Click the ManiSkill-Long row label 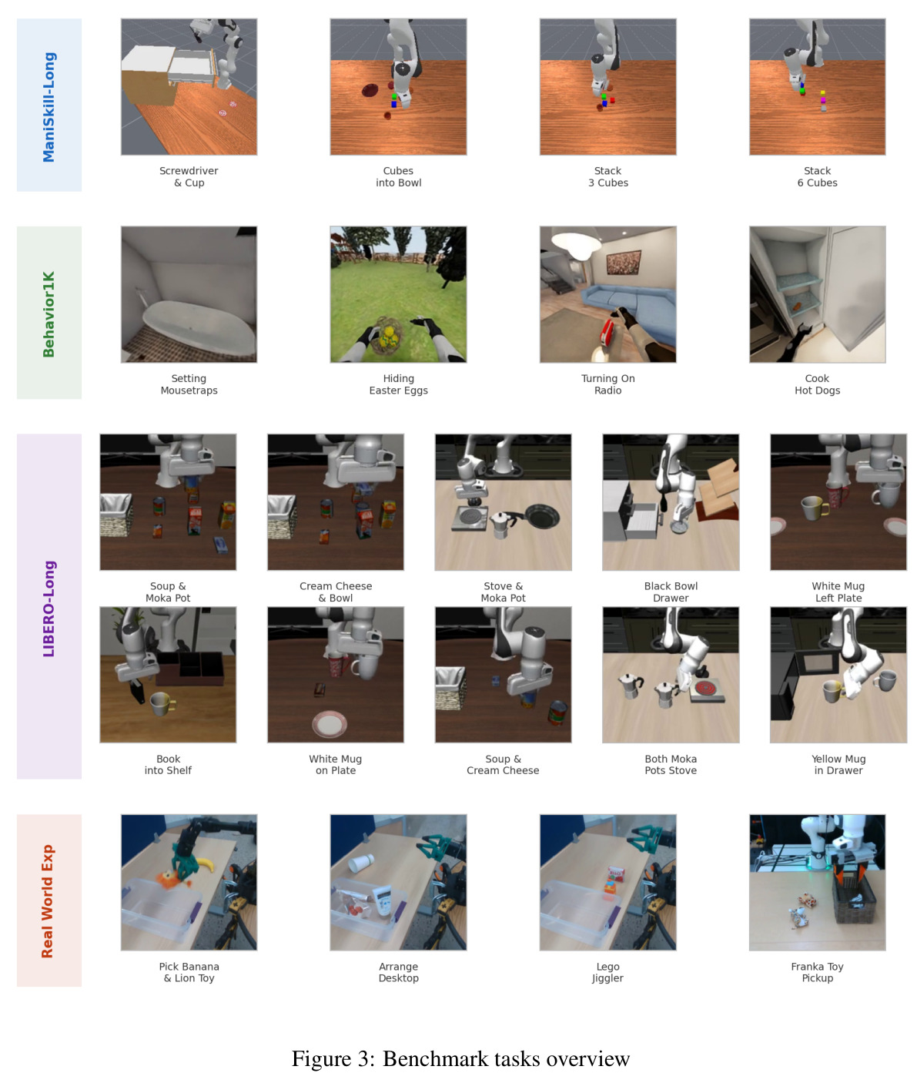[49, 107]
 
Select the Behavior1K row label [49, 314]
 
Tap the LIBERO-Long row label [49, 609]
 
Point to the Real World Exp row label [47, 901]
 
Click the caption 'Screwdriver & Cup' [189, 176]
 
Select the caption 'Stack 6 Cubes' [817, 176]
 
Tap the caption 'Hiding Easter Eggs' [398, 384]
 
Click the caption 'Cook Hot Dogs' [817, 384]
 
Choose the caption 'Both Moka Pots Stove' [671, 764]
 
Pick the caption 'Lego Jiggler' [607, 972]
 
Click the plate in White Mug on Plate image [330, 725]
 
